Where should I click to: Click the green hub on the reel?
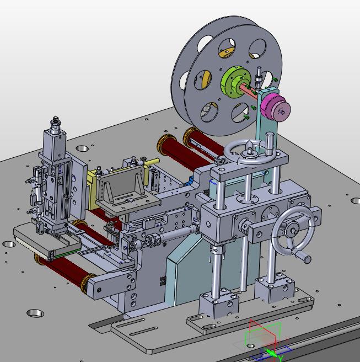[233, 81]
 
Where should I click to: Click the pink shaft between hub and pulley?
[249, 90]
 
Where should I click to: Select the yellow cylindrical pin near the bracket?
[152, 162]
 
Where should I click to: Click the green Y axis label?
[281, 358]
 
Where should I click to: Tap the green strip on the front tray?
[67, 253]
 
